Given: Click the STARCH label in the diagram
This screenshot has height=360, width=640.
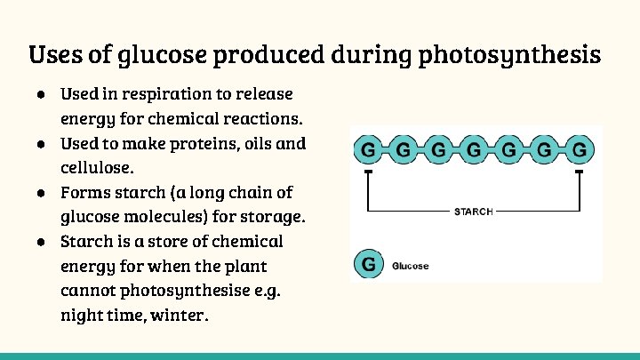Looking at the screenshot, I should (x=473, y=212).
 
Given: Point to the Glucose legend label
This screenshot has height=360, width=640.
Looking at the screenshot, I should (x=410, y=266).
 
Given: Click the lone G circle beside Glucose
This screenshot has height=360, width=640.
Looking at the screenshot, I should (x=369, y=264).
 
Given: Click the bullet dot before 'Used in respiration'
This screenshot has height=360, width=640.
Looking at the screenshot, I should (x=41, y=93).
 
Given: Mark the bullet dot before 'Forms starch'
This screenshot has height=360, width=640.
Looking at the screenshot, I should (x=41, y=192).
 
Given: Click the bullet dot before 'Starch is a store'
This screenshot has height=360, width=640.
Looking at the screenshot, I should (x=41, y=242).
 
